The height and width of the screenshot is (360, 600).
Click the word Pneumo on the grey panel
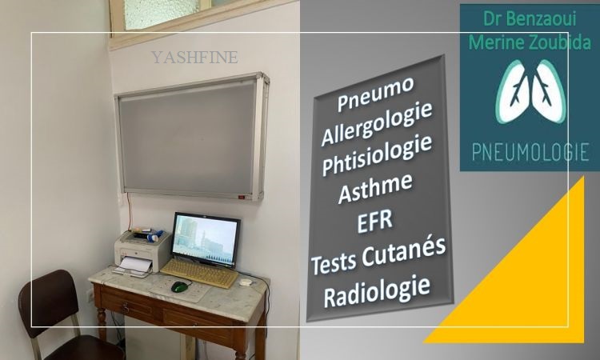click(x=375, y=94)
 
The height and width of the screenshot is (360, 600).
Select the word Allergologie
click(x=377, y=123)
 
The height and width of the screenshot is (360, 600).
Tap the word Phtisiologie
click(x=377, y=155)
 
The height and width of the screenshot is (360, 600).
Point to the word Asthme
click(x=375, y=188)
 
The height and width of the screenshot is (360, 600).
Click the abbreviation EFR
click(x=375, y=221)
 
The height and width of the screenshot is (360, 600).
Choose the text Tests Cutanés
click(x=378, y=255)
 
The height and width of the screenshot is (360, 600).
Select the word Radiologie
click(x=377, y=291)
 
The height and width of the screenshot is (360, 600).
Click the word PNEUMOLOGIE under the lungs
click(x=530, y=152)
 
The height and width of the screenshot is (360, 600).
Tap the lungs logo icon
click(x=530, y=92)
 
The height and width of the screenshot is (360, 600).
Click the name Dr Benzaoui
click(x=530, y=18)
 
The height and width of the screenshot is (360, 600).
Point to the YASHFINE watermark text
click(x=194, y=58)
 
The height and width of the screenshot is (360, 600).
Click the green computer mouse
click(x=179, y=286)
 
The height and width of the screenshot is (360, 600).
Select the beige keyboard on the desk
click(x=199, y=272)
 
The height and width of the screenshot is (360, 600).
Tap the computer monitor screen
click(x=206, y=239)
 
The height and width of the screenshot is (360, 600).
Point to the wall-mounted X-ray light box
click(x=192, y=136)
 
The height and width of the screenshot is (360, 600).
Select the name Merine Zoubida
click(x=530, y=42)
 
